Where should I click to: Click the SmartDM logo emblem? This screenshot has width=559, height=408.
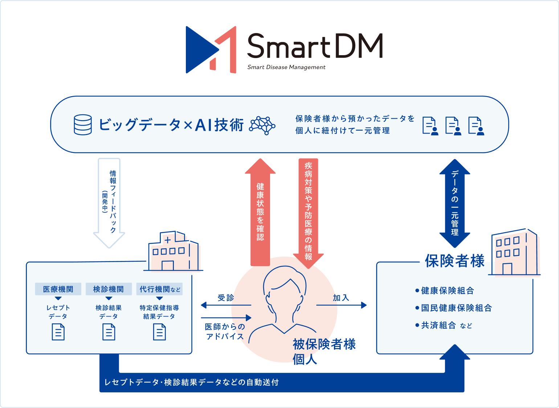[x=211, y=50]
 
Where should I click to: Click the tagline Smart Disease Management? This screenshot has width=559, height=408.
[x=286, y=67]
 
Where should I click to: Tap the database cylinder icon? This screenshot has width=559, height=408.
[x=83, y=125]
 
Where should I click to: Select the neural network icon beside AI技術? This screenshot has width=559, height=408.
[x=262, y=126]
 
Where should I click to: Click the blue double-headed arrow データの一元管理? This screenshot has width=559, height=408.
[x=455, y=203]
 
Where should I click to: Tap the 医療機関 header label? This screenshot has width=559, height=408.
[x=58, y=289]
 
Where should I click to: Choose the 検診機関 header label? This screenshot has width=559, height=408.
[x=109, y=289]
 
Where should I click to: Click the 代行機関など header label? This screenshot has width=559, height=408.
[x=160, y=289]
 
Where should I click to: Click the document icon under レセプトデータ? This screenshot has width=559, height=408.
[x=58, y=332]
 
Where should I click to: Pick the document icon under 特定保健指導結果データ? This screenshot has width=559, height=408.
[x=159, y=332]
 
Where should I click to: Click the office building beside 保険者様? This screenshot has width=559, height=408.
[x=514, y=252]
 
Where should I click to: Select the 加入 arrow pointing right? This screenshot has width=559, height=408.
[x=341, y=305]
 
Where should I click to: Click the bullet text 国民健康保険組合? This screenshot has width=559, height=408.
[x=456, y=308]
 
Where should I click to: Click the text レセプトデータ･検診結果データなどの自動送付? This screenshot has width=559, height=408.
[x=191, y=382]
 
